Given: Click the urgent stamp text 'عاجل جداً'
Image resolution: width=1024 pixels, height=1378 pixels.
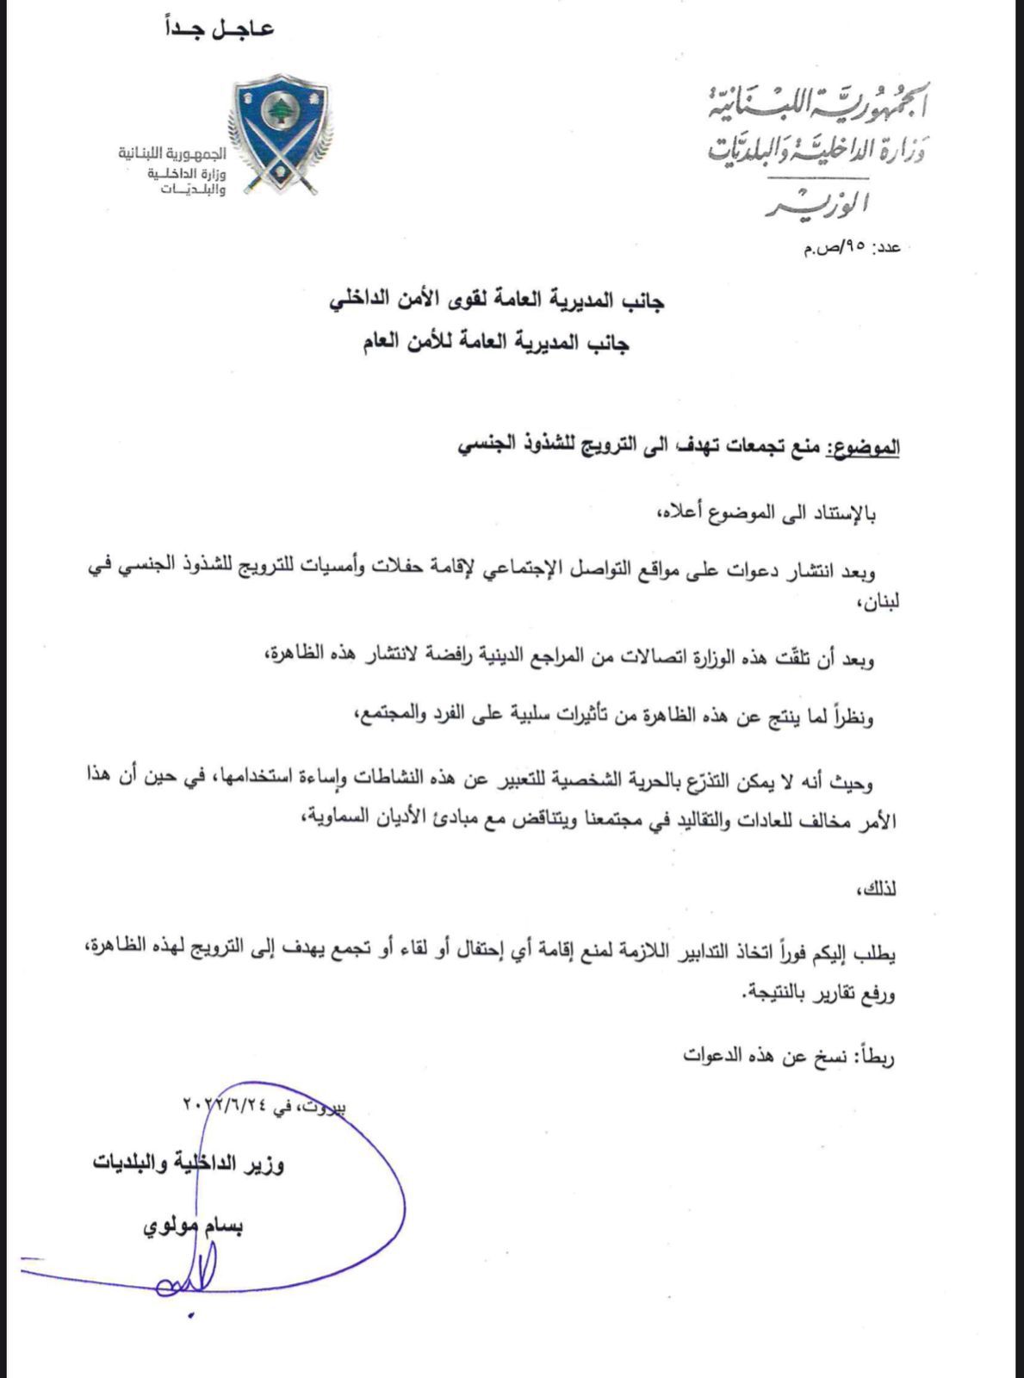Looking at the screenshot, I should point(219,28).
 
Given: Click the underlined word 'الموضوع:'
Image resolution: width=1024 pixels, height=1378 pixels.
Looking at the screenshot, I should point(863,446).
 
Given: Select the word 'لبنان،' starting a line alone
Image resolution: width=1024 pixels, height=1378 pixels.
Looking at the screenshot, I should point(878,603).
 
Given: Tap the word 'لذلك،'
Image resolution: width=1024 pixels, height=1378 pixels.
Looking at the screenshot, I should point(878,888).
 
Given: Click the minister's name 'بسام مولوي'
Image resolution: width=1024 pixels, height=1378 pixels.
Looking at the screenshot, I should point(193,1226).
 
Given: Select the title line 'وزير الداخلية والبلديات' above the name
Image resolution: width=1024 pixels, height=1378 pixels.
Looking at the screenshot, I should point(189,1164).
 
